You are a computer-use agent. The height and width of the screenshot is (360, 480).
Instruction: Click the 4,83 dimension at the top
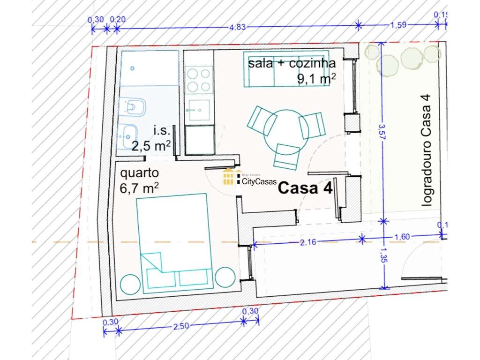point(238,27)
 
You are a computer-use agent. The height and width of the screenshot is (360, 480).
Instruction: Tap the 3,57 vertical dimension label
point(382,132)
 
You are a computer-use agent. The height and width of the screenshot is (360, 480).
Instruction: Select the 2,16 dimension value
point(308,242)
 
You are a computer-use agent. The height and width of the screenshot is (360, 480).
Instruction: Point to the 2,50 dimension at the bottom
point(181,326)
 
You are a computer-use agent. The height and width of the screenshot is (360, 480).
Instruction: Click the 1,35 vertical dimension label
point(384,255)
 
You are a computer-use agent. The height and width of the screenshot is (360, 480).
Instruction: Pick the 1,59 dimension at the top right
point(398,25)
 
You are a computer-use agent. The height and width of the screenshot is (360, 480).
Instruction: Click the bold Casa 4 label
point(305,187)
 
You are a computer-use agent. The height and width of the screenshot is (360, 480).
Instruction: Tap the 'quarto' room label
point(139,173)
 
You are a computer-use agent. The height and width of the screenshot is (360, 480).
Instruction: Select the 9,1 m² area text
point(316,79)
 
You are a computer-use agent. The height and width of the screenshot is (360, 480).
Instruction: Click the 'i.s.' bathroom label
point(161,131)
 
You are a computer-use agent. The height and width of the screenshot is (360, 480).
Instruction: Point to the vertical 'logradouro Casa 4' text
point(427,150)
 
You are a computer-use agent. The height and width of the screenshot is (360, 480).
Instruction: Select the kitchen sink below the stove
point(198,110)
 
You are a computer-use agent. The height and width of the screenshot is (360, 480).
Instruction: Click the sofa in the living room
point(286,69)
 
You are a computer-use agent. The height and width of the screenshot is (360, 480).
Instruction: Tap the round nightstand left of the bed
point(130,285)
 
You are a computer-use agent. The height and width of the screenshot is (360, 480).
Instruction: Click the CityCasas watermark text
point(259,181)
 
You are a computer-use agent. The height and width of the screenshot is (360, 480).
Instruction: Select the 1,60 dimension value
point(402,237)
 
